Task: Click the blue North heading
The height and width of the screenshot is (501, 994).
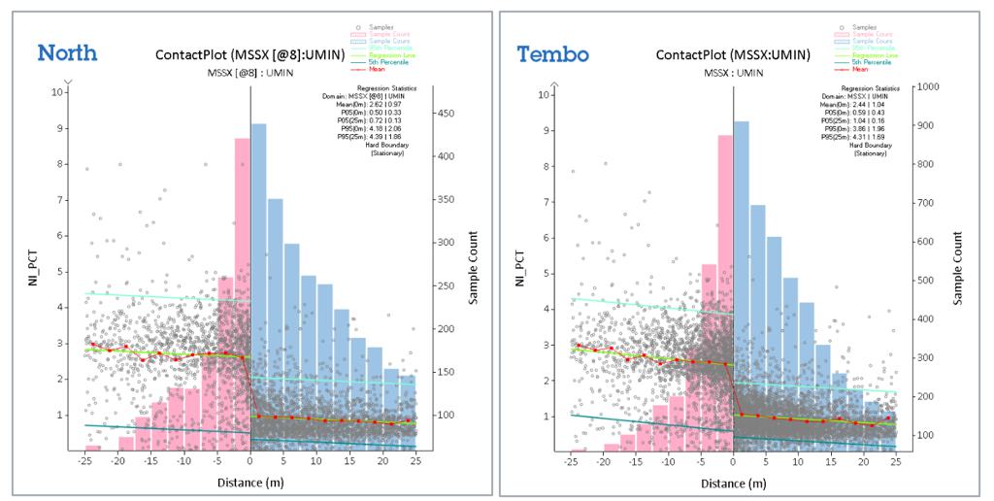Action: (67, 52)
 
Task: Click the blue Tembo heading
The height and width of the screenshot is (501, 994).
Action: (552, 53)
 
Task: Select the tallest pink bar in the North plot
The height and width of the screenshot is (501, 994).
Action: (242, 291)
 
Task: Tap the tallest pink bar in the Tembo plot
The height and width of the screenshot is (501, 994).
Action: (724, 291)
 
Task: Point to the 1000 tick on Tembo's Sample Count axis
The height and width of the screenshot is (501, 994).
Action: (931, 85)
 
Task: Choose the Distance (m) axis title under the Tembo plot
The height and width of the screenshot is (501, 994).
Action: (732, 483)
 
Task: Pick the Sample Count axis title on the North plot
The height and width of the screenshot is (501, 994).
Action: (473, 268)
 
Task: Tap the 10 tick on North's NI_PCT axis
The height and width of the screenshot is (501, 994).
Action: (58, 92)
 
